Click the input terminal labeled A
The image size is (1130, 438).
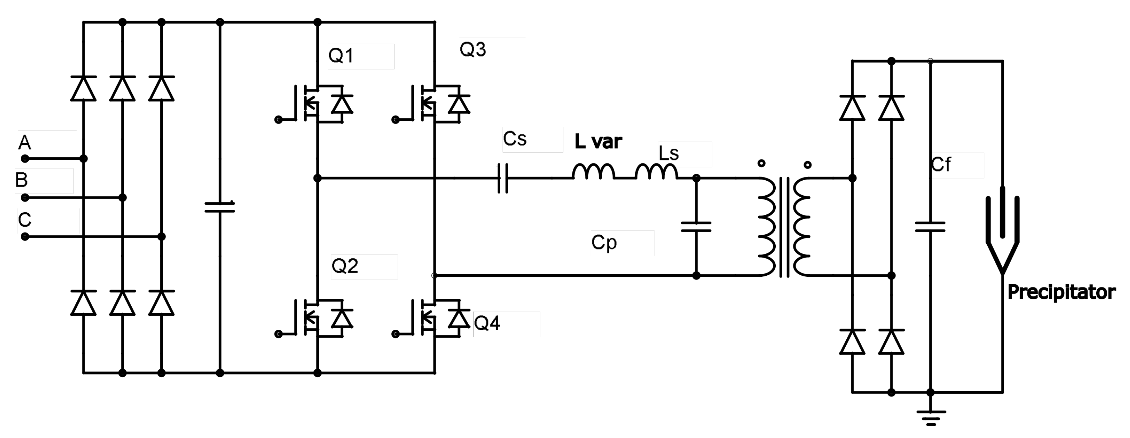pos(25,158)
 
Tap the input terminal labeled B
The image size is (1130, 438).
pos(25,198)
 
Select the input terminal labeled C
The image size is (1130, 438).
pos(25,237)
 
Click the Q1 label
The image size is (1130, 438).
pos(341,56)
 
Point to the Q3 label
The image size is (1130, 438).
pos(472,49)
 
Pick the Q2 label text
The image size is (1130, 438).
pos(345,266)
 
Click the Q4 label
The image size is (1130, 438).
pos(487,323)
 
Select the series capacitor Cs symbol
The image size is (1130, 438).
pos(503,178)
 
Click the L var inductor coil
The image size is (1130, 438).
pos(593,172)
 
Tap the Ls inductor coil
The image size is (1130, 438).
pos(656,172)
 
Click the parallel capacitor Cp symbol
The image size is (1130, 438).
pos(696,227)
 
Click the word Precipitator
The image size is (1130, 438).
pos(1061,292)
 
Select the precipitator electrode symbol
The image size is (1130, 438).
pos(1002,232)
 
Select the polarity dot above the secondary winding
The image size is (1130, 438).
pos(808,165)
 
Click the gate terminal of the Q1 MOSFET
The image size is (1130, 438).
pos(278,120)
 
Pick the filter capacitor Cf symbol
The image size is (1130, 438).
pos(930,227)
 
